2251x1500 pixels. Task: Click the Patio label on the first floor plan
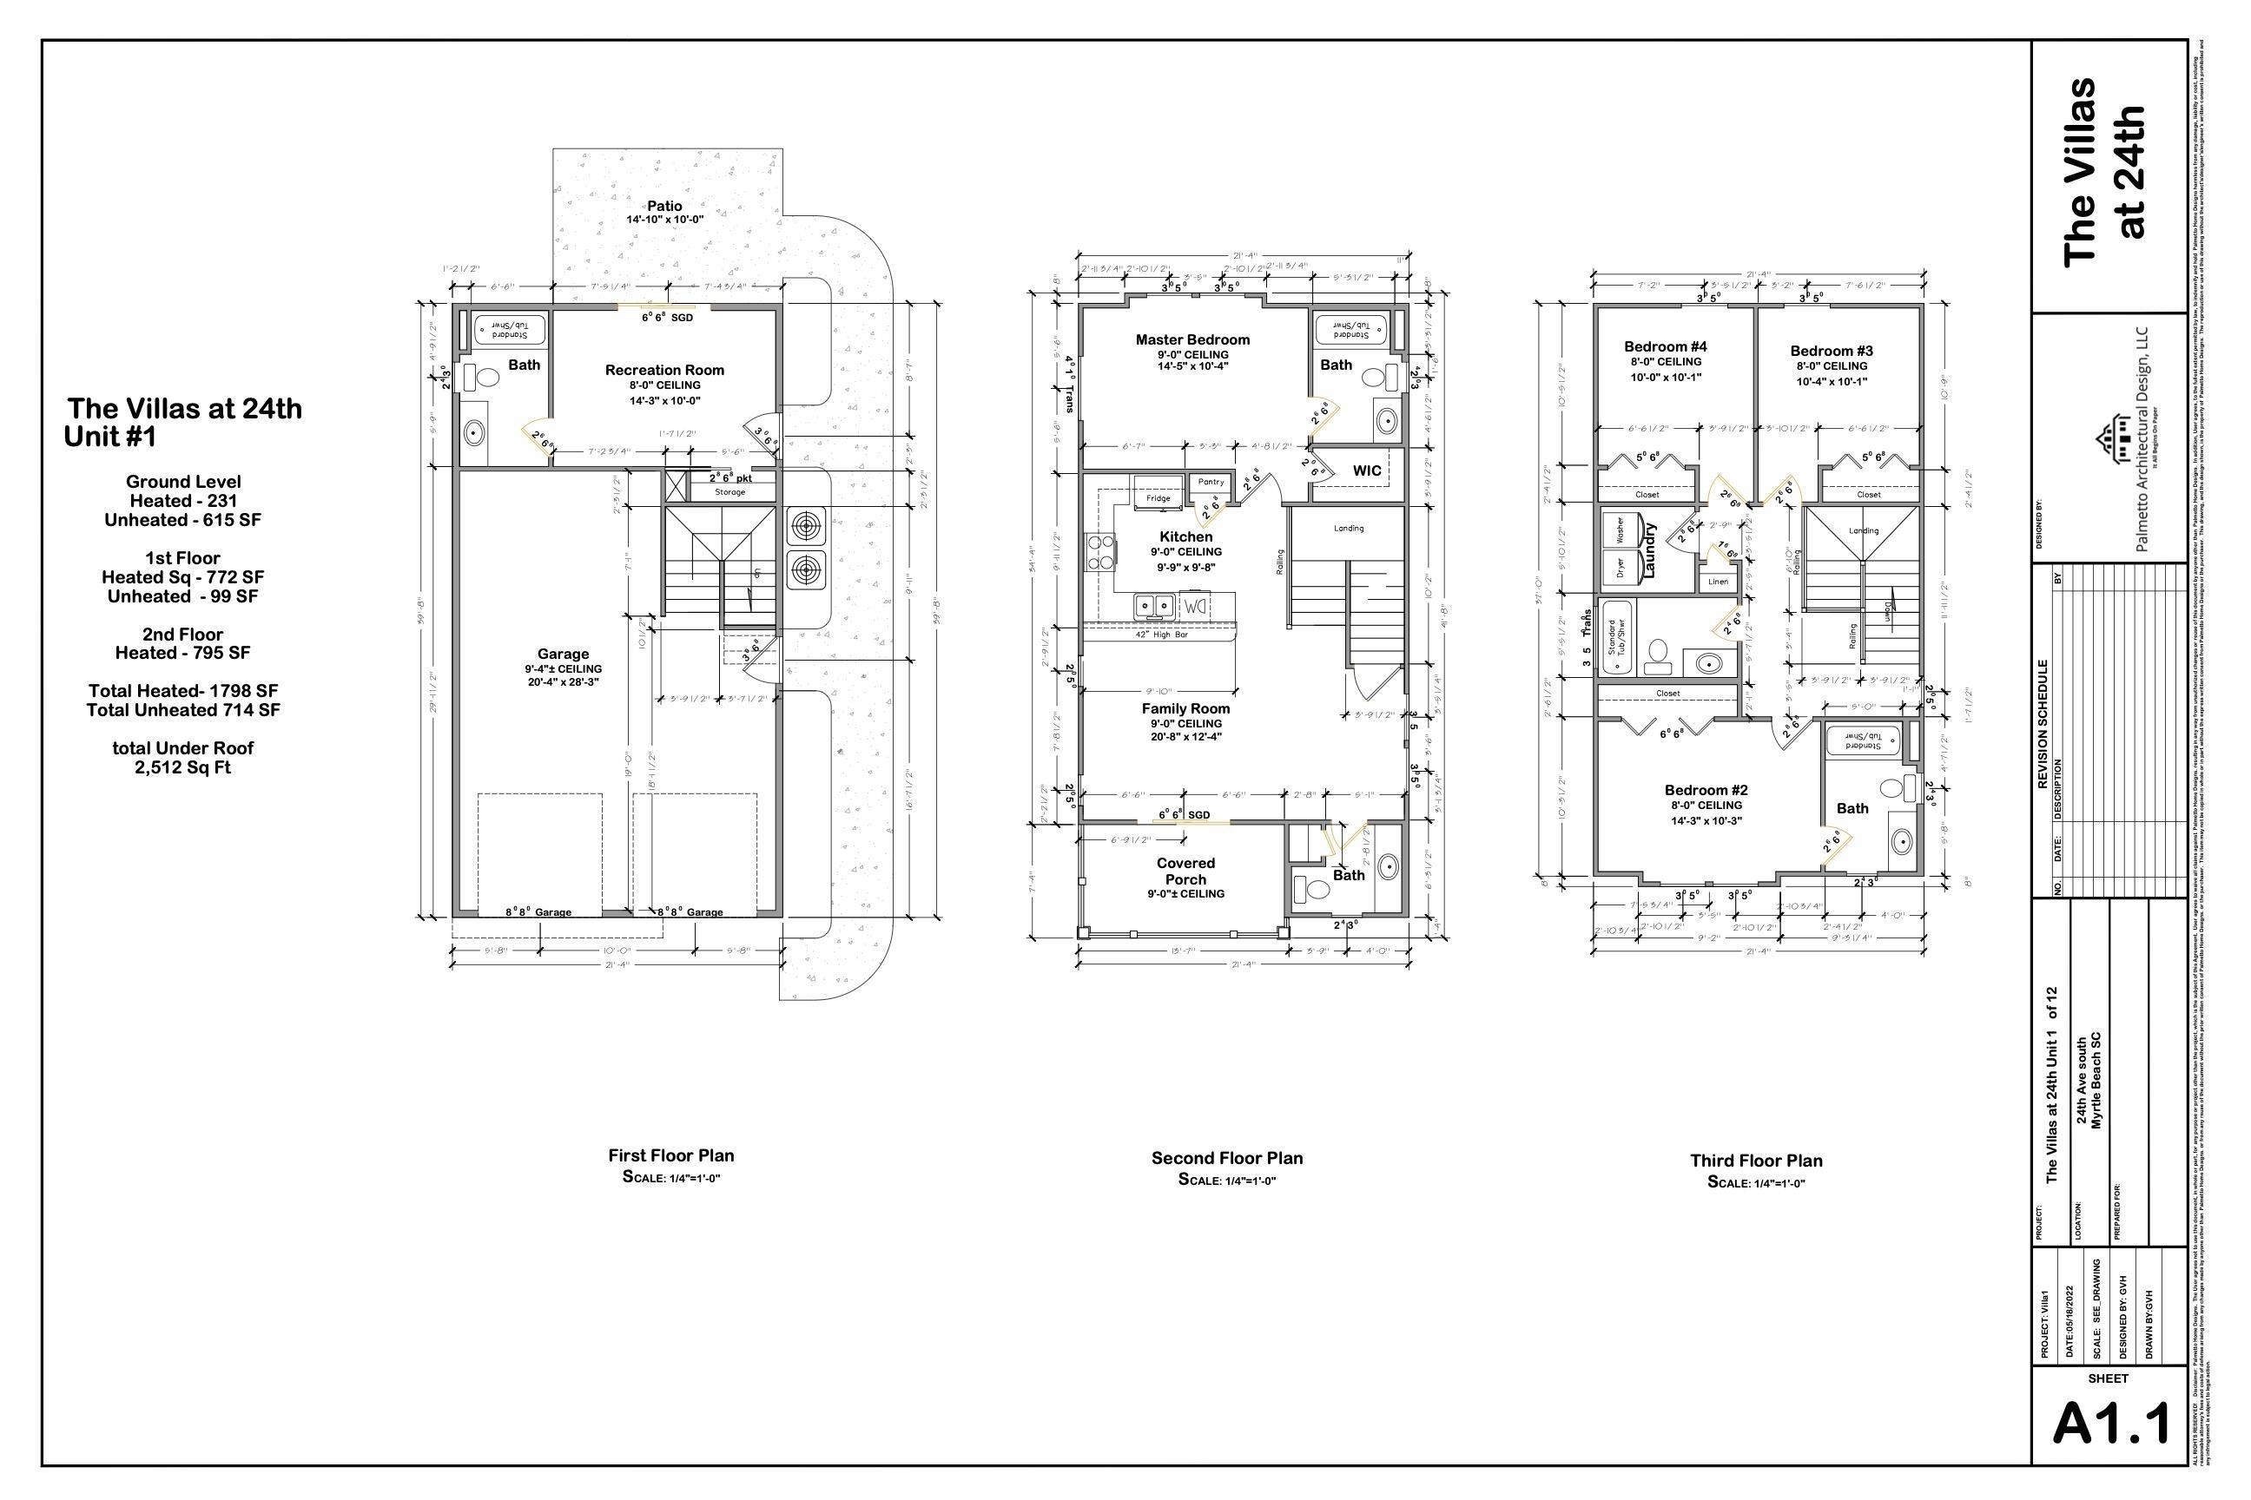(664, 206)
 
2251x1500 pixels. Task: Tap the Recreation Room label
(664, 370)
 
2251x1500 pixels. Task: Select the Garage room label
(563, 655)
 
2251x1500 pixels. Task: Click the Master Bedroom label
(1192, 339)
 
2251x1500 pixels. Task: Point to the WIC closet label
(1367, 470)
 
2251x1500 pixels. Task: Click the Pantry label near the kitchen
(1211, 482)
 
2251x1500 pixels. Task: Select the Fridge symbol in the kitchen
(1158, 498)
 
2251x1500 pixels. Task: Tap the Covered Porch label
(1185, 872)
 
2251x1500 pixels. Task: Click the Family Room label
(1185, 709)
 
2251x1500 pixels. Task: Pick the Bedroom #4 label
(1666, 346)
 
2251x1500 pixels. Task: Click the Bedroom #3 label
(1832, 351)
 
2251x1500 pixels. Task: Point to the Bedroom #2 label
(1706, 790)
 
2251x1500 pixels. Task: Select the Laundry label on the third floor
(1650, 550)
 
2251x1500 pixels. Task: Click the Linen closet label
(1718, 582)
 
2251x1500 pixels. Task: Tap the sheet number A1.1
(2111, 1426)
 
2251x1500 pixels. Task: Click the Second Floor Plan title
(1227, 1159)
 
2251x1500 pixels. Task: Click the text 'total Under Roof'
(182, 748)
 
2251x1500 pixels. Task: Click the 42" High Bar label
(1162, 635)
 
